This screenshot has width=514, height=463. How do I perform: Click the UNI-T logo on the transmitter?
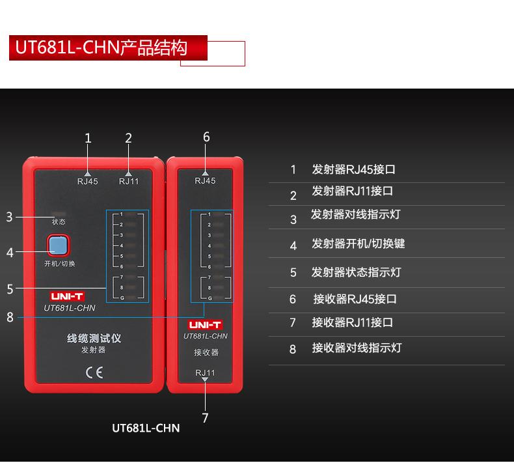[x=67, y=296]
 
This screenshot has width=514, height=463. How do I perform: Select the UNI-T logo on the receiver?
[x=205, y=324]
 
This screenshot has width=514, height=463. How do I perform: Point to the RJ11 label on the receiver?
[x=205, y=372]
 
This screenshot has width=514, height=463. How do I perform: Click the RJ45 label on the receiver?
[x=205, y=180]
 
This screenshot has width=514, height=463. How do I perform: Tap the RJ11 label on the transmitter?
[x=129, y=182]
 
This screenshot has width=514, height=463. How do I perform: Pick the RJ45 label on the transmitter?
[x=88, y=182]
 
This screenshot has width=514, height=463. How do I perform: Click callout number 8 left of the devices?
[x=10, y=317]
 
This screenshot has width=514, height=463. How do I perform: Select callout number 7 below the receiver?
[x=205, y=417]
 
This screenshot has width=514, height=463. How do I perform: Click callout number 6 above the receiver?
[x=206, y=137]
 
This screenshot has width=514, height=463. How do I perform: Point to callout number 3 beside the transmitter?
[x=10, y=217]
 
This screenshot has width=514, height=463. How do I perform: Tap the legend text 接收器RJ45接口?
[x=355, y=299]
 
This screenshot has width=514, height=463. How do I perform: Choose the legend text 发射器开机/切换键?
[x=358, y=244]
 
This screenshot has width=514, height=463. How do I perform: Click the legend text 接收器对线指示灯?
[x=357, y=348]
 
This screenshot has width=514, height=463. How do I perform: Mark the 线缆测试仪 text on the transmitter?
[x=94, y=339]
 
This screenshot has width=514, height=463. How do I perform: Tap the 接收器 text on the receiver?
[x=206, y=353]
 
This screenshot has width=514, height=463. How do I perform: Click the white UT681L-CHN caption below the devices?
[x=146, y=428]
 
